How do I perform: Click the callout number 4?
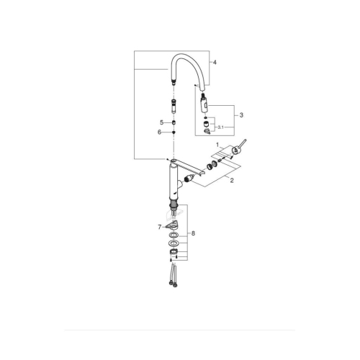pos(214,62)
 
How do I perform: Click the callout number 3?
pos(242,114)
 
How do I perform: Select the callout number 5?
pos(162,122)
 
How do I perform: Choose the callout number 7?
pos(161,228)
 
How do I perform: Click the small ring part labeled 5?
pos(174,122)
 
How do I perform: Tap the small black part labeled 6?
pos(174,132)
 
